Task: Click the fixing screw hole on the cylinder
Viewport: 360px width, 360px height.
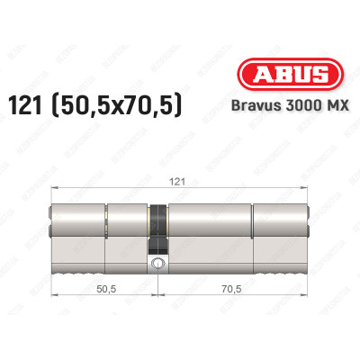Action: pyautogui.click(x=158, y=264)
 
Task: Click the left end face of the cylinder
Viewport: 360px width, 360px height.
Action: pyautogui.click(x=48, y=232)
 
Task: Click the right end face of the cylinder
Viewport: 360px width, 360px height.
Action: pyautogui.click(x=310, y=232)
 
